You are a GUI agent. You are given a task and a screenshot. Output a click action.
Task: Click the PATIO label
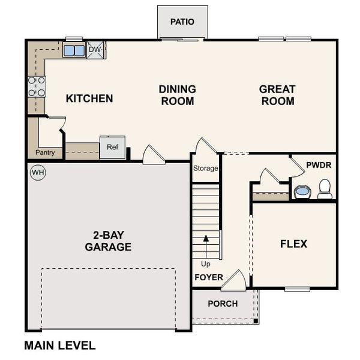(182, 22)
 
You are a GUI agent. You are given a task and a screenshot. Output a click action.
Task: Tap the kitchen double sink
(74, 50)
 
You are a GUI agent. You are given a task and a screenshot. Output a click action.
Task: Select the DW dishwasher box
(96, 50)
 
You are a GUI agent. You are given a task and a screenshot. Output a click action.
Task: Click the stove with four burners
(37, 86)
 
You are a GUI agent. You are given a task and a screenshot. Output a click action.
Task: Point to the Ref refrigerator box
(112, 147)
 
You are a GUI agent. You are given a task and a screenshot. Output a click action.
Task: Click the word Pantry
(45, 152)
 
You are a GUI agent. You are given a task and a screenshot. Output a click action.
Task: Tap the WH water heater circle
(38, 173)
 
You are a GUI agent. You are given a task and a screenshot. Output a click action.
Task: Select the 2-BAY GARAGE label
(108, 241)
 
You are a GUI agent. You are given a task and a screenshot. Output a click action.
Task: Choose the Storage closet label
(206, 169)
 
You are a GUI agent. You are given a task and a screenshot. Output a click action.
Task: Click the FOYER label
(208, 278)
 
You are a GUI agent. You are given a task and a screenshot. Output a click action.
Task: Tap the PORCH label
(223, 304)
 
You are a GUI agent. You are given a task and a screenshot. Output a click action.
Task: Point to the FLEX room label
(294, 244)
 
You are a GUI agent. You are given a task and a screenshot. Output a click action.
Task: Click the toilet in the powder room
(325, 189)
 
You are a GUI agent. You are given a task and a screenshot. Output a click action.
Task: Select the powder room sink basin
(302, 192)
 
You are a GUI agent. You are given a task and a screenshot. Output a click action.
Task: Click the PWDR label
(319, 164)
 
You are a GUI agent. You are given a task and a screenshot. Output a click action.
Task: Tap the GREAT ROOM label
(277, 95)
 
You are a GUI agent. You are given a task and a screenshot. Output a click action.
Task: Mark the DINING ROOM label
(177, 95)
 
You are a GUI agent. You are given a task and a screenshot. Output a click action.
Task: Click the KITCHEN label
(89, 98)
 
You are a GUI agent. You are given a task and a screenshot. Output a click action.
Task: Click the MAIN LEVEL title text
(59, 346)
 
